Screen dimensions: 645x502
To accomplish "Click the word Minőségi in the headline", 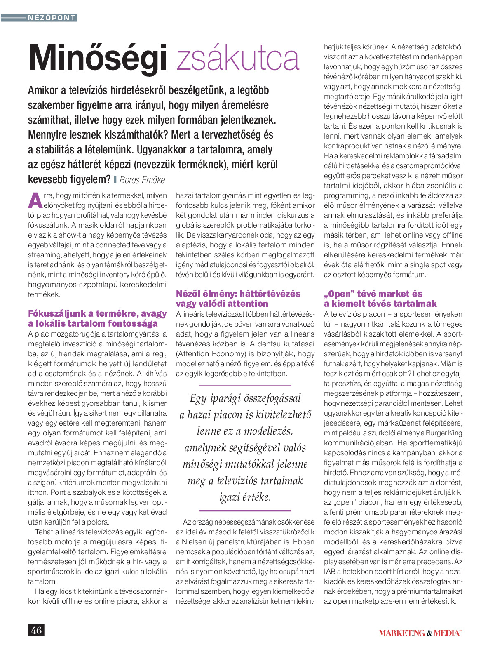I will [98, 59].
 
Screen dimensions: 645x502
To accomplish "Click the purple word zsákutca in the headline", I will [238, 59].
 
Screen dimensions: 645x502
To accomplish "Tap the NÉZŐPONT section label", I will [52, 18].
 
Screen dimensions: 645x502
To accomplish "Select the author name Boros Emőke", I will [142, 180].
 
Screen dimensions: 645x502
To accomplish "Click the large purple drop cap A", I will [35, 200].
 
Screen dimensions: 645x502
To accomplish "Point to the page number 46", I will [36, 630].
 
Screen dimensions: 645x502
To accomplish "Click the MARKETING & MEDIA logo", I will [420, 633].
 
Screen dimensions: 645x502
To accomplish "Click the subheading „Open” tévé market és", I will [373, 294].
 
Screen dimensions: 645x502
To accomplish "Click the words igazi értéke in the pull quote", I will [245, 497].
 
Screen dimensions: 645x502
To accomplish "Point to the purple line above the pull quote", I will [245, 385].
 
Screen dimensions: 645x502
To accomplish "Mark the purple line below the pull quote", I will [245, 511].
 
